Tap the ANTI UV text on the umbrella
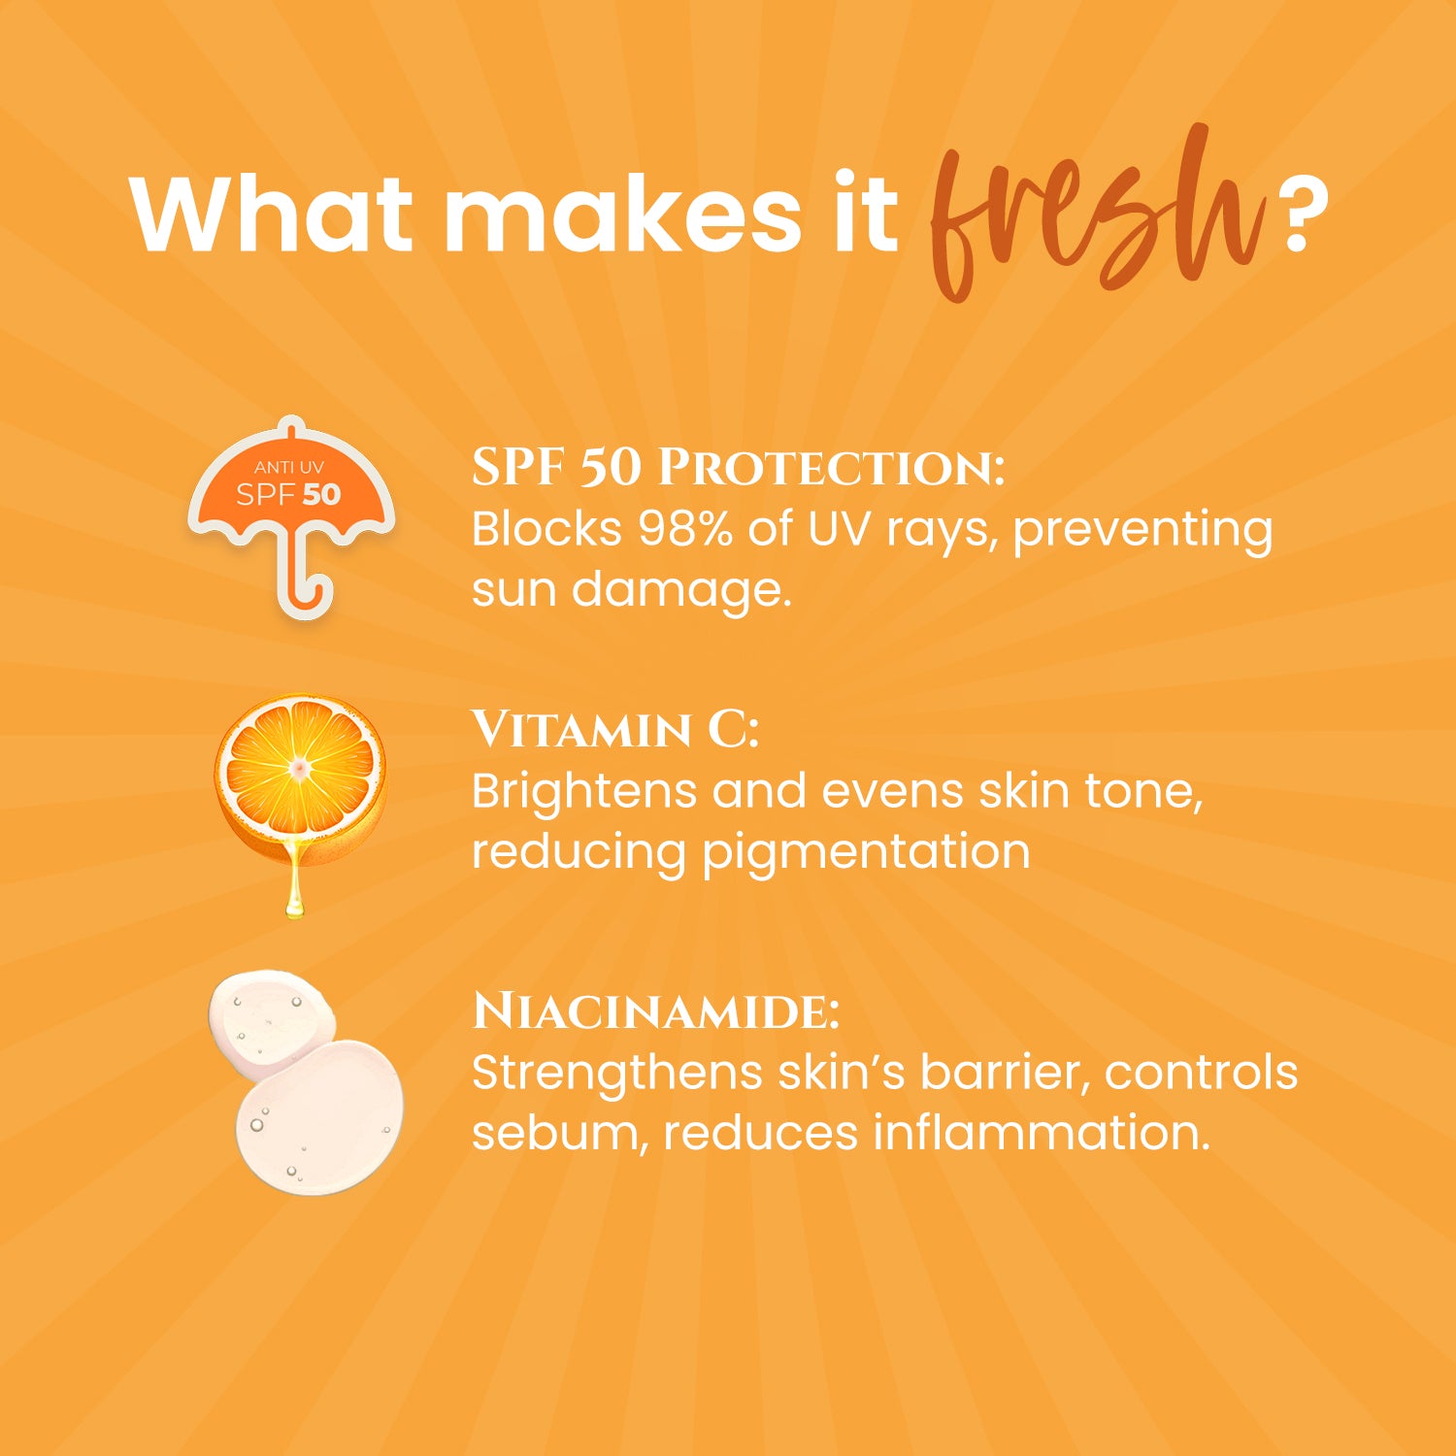click(289, 468)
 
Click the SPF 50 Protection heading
click(738, 468)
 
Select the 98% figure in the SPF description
click(684, 530)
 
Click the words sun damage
click(631, 590)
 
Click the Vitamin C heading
click(614, 730)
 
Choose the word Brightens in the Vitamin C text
click(584, 791)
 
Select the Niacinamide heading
click(655, 1011)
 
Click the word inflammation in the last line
click(1041, 1134)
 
